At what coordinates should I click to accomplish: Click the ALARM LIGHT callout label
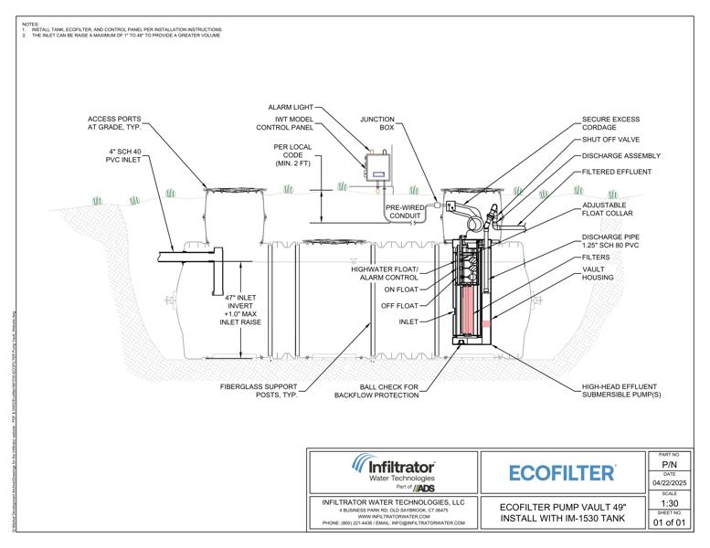click(292, 107)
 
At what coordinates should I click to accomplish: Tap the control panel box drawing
click(377, 170)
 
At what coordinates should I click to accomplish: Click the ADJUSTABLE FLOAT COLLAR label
click(609, 212)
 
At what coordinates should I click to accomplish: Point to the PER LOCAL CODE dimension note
click(294, 154)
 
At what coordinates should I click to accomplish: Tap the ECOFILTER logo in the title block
click(561, 472)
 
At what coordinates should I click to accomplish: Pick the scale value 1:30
click(670, 502)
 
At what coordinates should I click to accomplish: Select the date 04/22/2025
click(670, 483)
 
